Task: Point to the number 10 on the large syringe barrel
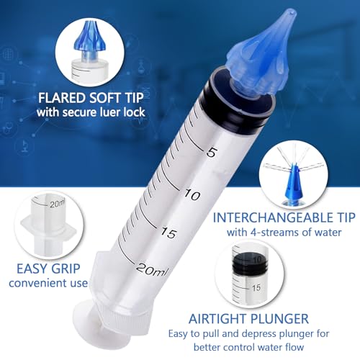pyautogui.click(x=191, y=194)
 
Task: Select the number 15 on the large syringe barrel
pyautogui.click(x=170, y=233)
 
